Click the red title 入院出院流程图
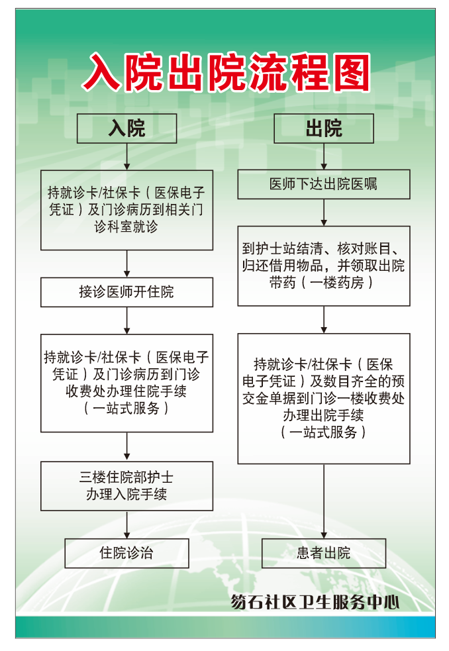coord(225,72)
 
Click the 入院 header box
coord(126,128)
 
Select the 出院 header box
coord(323,128)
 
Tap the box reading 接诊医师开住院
coord(126,292)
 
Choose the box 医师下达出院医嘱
coord(323,184)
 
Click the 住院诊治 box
coord(126,553)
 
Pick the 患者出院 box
coord(323,553)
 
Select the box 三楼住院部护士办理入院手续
coord(126,486)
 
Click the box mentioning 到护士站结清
coord(323,266)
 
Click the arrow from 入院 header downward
coord(126,156)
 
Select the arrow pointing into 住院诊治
coord(126,525)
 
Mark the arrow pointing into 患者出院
coord(323,501)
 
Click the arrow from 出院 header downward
coord(323,156)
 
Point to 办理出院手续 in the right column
coord(323,416)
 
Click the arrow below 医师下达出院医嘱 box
coord(323,213)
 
